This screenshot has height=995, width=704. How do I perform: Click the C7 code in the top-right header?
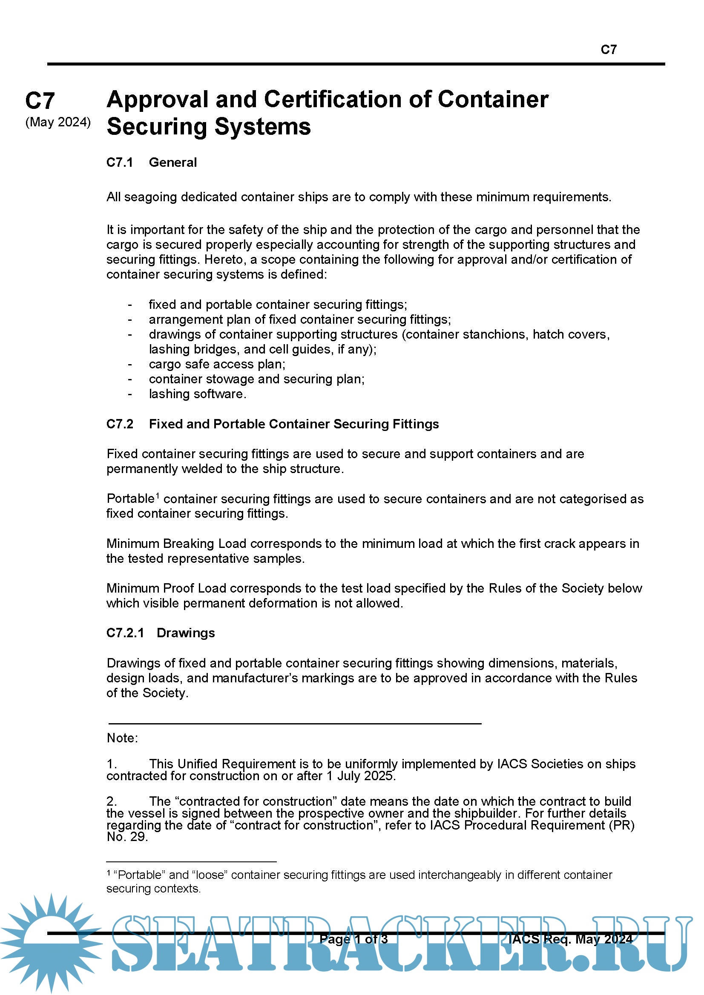(x=608, y=50)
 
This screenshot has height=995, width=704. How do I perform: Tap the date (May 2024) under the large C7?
(x=58, y=122)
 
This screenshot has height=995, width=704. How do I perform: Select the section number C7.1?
(x=120, y=163)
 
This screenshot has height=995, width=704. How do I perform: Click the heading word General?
(x=172, y=163)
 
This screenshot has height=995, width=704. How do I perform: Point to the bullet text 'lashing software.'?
(x=197, y=394)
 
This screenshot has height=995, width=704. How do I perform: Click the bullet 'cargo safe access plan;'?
(x=217, y=364)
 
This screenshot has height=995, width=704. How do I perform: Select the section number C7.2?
(x=120, y=424)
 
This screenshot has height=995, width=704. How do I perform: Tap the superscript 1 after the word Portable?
(x=158, y=495)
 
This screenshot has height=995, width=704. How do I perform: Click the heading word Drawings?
(x=186, y=633)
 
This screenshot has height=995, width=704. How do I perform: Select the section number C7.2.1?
(x=125, y=633)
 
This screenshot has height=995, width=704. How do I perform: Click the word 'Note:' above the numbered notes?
(x=122, y=738)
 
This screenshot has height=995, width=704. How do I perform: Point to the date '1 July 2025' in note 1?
(x=360, y=776)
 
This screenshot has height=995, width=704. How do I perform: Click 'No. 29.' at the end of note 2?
(x=127, y=837)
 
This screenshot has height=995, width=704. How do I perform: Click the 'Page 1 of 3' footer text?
(x=353, y=939)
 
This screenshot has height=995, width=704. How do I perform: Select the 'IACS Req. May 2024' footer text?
(x=570, y=939)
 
